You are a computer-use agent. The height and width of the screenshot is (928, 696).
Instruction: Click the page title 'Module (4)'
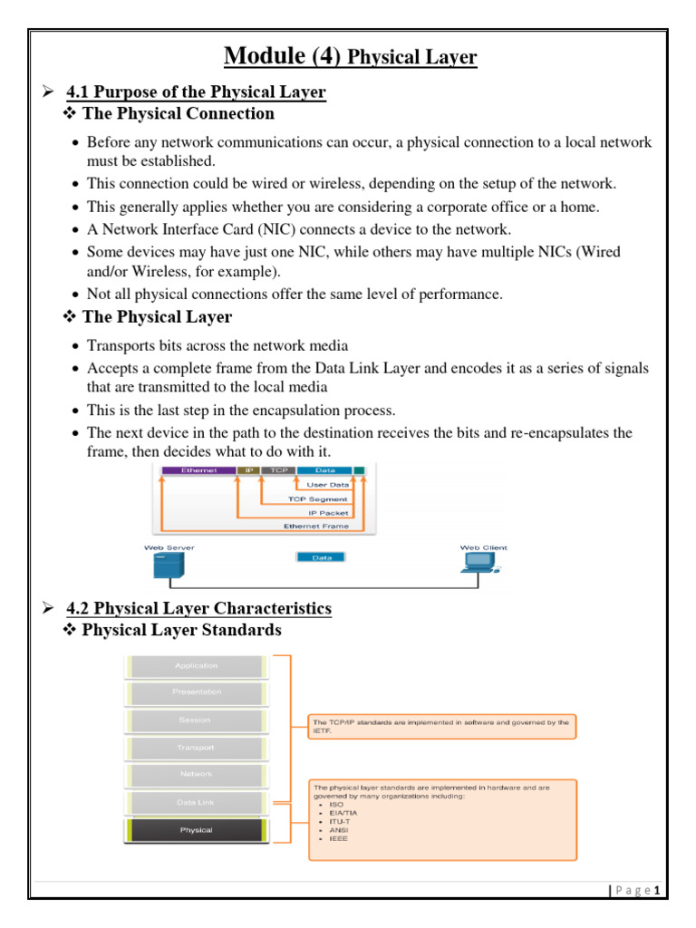(x=281, y=57)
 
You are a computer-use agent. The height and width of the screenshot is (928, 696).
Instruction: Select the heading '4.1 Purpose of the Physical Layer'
(x=197, y=92)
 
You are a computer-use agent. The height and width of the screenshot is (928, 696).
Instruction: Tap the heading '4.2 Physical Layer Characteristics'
(x=199, y=607)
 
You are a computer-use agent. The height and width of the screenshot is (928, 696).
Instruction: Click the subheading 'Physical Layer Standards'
(x=181, y=629)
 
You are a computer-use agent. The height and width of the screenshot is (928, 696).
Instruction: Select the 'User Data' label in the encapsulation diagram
(x=328, y=485)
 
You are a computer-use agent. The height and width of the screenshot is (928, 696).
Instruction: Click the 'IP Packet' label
(x=327, y=512)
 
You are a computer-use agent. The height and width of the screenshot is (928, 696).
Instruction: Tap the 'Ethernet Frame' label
(x=315, y=526)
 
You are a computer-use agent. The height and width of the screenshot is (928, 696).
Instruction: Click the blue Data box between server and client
(x=322, y=557)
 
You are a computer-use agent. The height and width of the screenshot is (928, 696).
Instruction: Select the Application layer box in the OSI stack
(x=197, y=665)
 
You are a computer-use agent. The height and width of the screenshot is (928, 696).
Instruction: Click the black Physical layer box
(x=197, y=830)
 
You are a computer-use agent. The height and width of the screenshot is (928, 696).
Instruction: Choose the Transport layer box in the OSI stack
(x=197, y=748)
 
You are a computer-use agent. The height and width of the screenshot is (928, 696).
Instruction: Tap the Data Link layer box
(x=197, y=802)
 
